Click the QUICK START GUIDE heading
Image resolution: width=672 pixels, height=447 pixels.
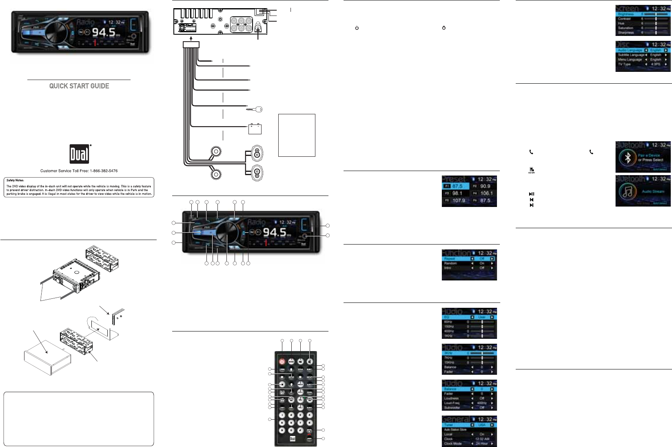(x=79, y=86)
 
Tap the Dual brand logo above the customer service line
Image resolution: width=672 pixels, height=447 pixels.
(x=79, y=154)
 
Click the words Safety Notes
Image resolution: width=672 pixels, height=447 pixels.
(x=15, y=180)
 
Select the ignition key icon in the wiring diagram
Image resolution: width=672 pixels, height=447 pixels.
(x=255, y=109)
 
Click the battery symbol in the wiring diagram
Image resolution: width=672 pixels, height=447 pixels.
(x=255, y=129)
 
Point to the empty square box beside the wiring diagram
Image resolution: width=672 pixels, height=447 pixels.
(x=297, y=135)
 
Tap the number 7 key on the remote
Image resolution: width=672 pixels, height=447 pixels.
(x=300, y=423)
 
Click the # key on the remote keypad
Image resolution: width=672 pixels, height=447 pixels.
(x=300, y=430)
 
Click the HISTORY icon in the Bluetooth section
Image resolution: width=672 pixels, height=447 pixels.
(x=531, y=170)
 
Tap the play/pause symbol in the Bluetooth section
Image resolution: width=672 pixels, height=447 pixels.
(x=531, y=194)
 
